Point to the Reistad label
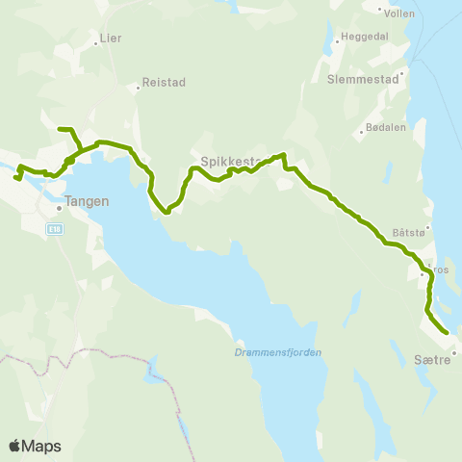click(164, 83)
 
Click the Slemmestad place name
click(362, 79)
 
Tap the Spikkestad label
click(225, 163)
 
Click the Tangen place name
click(87, 203)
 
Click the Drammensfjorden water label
click(277, 351)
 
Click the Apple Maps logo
click(35, 446)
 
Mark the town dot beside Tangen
click(60, 203)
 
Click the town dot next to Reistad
click(138, 84)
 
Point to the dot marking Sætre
click(458, 350)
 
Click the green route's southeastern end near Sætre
click(447, 333)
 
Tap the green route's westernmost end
click(15, 178)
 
